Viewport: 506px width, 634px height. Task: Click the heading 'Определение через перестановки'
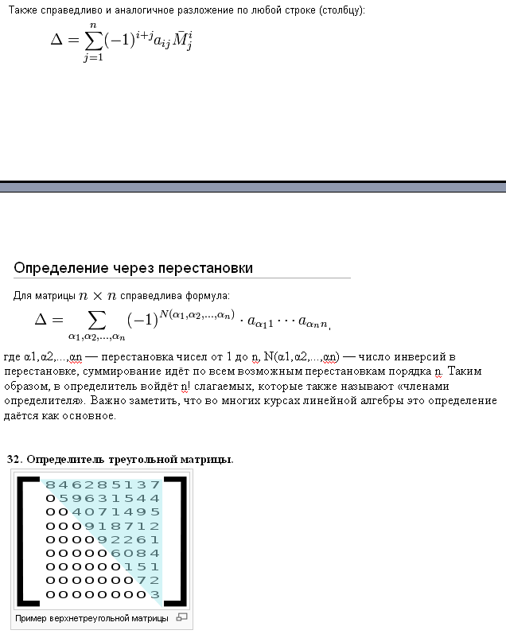coord(133,268)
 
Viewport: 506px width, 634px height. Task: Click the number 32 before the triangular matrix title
coord(14,459)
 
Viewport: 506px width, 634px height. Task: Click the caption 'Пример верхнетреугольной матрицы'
coord(91,618)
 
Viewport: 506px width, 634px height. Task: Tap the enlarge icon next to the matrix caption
coord(181,617)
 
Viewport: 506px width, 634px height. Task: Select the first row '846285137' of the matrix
coord(103,484)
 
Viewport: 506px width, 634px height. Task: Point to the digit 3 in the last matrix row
coord(154,594)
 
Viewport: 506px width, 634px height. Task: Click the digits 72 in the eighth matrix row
coord(148,581)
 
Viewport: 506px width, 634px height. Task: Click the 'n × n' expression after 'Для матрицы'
coord(98,296)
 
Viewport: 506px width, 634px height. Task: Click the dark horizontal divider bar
coord(253,187)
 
